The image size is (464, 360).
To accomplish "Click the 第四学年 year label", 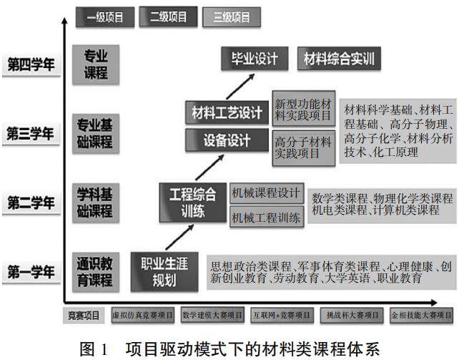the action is pos(31,65).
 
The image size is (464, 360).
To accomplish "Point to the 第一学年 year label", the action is pos(31,272).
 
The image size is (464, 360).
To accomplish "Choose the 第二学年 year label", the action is pos(31,203).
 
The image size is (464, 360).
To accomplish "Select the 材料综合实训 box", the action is pos(339,58).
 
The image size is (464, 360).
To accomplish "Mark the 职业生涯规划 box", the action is pos(164,271).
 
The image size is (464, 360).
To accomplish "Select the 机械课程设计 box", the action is pos(267,193).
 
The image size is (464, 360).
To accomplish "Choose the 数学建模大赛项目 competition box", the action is pos(212,314).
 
